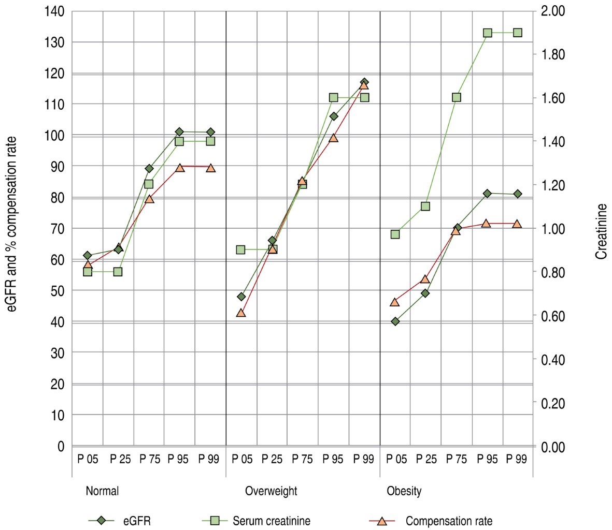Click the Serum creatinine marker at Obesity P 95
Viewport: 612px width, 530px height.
tap(487, 33)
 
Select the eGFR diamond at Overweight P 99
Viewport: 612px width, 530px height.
tap(364, 82)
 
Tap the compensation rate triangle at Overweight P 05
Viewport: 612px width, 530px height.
tap(240, 313)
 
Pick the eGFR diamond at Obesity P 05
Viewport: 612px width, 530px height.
tap(395, 321)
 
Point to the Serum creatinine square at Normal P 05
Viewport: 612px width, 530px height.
tap(88, 272)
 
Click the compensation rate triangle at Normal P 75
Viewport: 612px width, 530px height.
tap(149, 199)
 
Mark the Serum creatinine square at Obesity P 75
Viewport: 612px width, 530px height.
tap(457, 97)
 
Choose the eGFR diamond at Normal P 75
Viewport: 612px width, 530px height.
tap(149, 169)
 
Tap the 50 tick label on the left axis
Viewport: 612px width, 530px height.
tap(56, 291)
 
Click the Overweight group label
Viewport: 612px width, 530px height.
tap(271, 491)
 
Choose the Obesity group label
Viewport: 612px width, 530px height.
tap(404, 491)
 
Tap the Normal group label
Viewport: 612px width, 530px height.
tap(102, 491)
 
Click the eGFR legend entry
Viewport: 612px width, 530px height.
tap(137, 521)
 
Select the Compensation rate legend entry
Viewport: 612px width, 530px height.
tap(449, 521)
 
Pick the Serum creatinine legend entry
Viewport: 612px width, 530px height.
tap(272, 521)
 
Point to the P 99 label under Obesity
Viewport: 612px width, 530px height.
tap(517, 460)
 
